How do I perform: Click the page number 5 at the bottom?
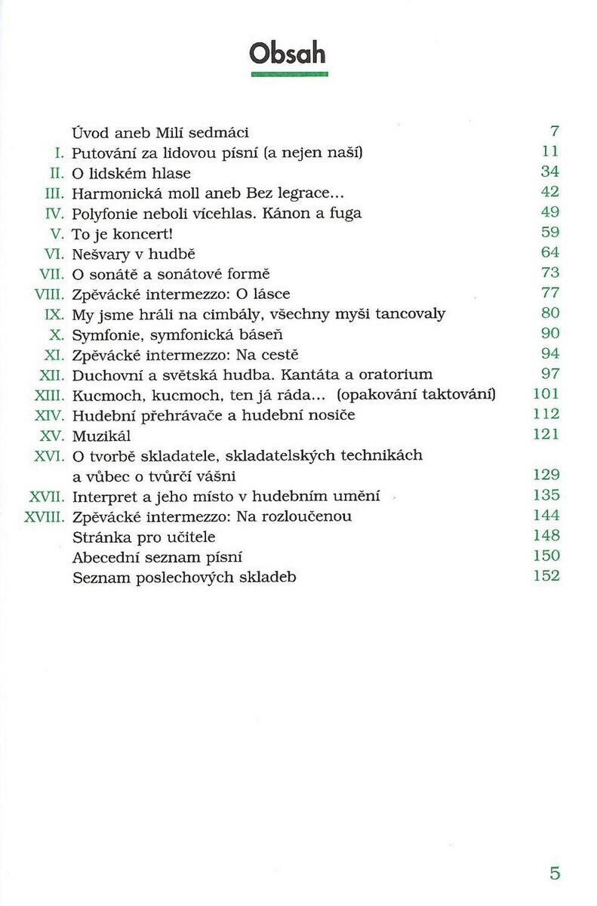coord(555,874)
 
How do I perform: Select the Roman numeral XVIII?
coord(47,516)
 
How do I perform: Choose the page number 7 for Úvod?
coord(555,131)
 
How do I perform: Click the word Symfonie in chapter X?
coord(102,334)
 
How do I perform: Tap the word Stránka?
coord(98,537)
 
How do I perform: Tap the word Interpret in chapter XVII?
coord(103,496)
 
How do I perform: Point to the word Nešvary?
coord(100,254)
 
